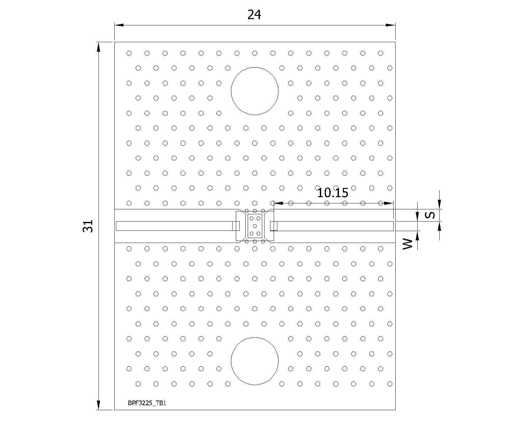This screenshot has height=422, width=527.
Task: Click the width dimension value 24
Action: pos(254,15)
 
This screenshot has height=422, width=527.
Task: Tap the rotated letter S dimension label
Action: pos(430,215)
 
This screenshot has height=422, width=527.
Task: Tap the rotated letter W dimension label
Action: pos(408,244)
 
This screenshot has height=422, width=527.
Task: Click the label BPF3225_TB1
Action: pos(147,403)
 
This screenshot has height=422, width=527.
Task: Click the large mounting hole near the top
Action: pos(255,91)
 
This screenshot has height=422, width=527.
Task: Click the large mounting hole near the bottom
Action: pos(255,361)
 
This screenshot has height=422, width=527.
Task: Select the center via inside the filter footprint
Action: pos(255,226)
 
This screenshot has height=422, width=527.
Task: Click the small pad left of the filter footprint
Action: pos(236,226)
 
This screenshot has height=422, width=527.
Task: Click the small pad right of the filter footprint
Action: pos(274,226)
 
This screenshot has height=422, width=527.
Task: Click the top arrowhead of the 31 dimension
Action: pos(98,47)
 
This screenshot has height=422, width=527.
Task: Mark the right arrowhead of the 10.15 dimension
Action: pos(389,203)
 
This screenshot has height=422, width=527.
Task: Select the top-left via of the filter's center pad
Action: pos(251,219)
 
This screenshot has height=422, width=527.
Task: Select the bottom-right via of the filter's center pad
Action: pos(259,234)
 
